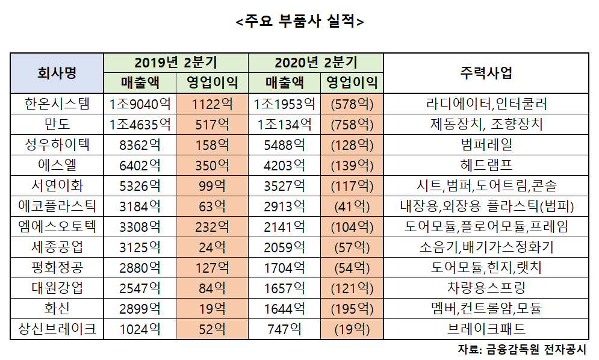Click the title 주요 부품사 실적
300,22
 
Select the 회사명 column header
57,73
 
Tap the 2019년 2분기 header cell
175,62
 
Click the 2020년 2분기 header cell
315,62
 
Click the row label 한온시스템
57,104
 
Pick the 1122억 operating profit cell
212,104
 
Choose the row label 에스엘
57,166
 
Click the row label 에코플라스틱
57,206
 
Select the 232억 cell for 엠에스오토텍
212,227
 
